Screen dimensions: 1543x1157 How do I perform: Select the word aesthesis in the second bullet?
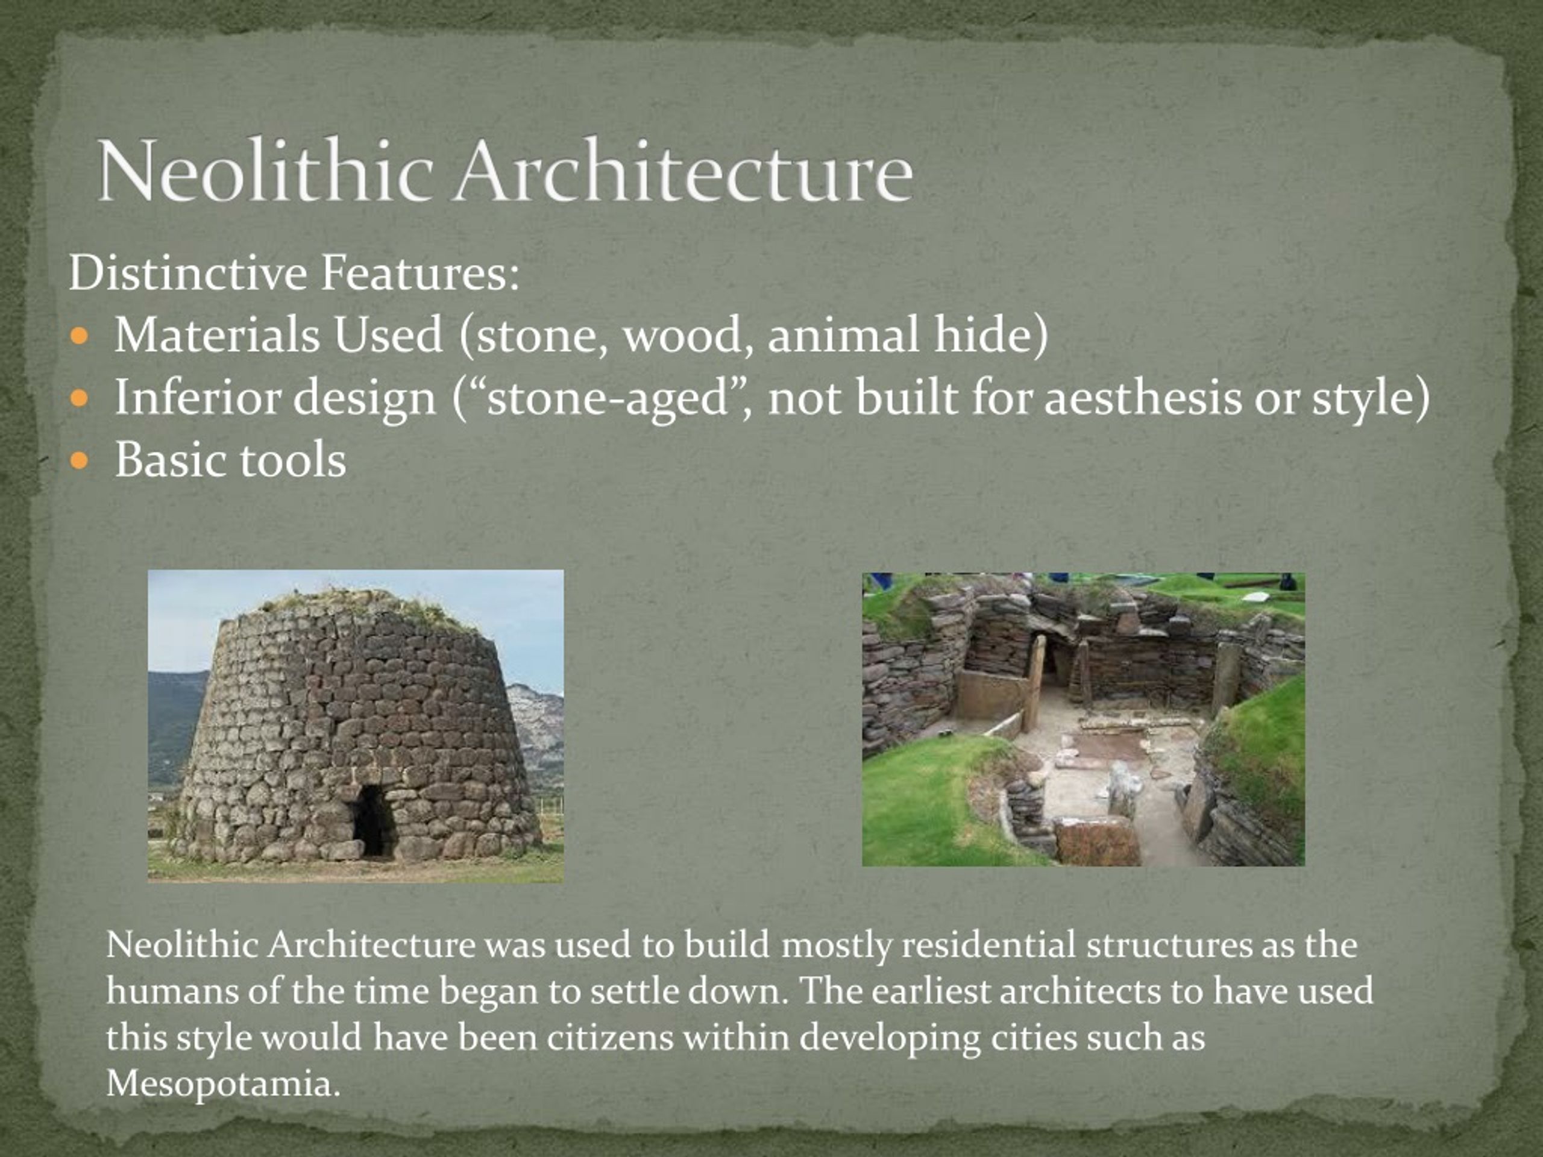1143,398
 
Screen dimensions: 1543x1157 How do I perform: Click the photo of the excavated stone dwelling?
1083,719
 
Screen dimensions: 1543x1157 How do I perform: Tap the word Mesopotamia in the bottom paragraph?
223,1083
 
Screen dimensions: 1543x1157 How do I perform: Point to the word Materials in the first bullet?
217,335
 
